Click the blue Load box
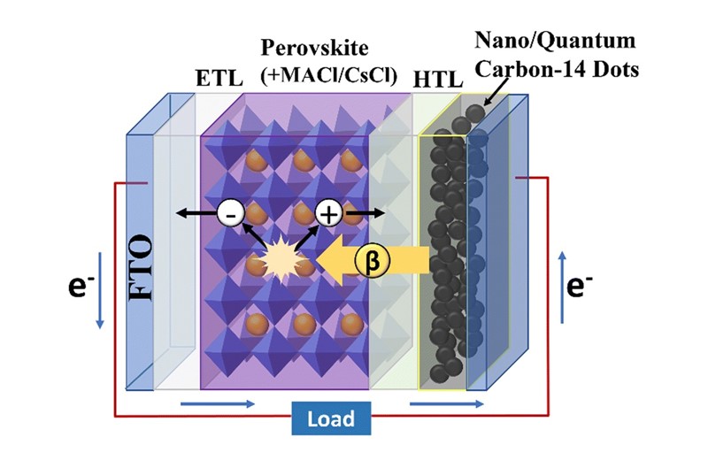(331, 418)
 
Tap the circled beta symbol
(371, 258)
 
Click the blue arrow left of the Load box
(218, 405)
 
